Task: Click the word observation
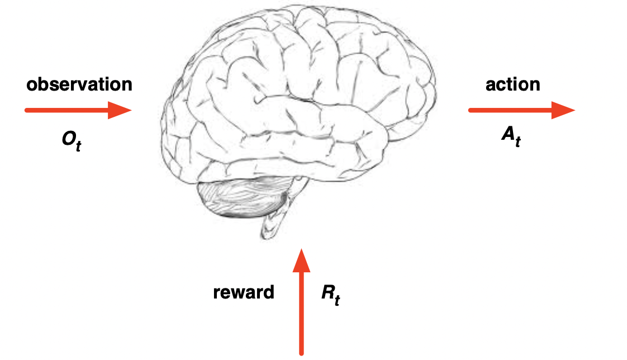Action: (x=79, y=84)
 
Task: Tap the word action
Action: (x=512, y=84)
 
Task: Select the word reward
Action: (x=244, y=292)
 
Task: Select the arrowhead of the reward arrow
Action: (x=302, y=259)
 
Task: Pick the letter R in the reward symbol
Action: (x=327, y=292)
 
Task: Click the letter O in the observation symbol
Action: (x=68, y=139)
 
